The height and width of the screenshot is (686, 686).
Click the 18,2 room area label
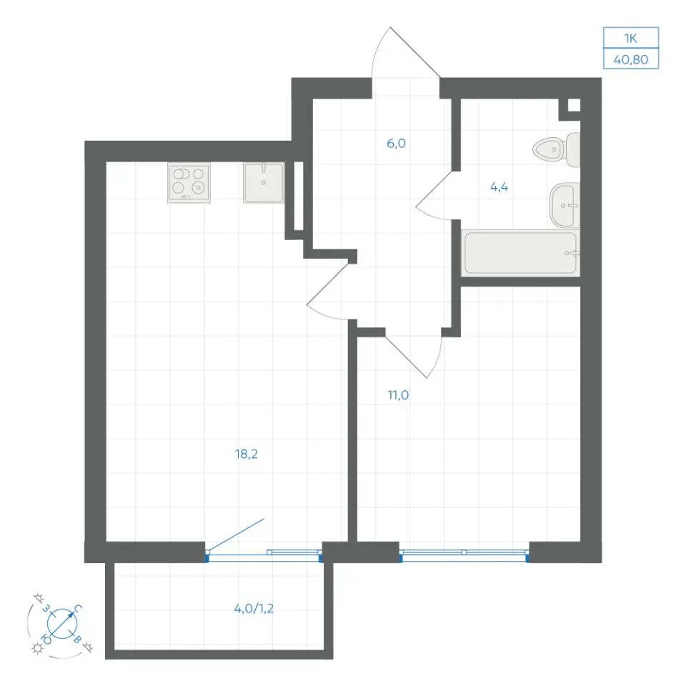[x=247, y=454]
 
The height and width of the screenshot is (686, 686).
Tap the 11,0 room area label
[x=398, y=395]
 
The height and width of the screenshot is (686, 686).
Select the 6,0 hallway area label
[x=396, y=144]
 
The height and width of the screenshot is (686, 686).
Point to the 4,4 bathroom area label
[x=499, y=187]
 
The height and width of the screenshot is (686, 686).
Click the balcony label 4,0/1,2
[x=254, y=609]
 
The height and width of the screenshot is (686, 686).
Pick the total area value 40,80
[x=631, y=59]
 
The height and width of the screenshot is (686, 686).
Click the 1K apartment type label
[x=630, y=39]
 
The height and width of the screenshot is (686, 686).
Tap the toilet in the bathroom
[x=556, y=149]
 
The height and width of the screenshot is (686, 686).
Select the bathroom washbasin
[x=565, y=205]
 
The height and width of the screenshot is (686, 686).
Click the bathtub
[x=521, y=253]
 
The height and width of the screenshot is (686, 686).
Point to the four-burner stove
[x=189, y=183]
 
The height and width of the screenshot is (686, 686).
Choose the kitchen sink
[x=264, y=183]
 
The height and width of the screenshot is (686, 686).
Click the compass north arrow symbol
[x=62, y=623]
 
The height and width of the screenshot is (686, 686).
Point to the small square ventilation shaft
[x=574, y=106]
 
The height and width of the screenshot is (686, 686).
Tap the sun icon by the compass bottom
[x=37, y=648]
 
